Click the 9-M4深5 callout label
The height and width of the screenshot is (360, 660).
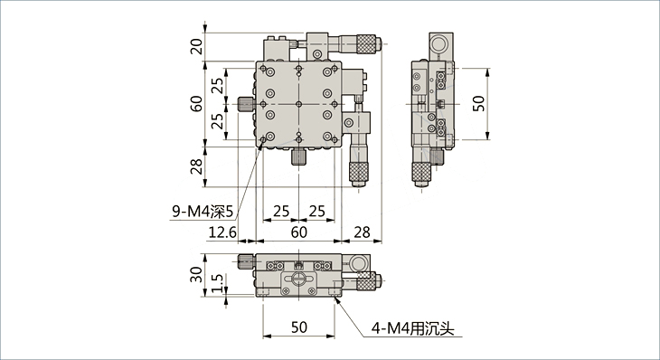click(x=202, y=212)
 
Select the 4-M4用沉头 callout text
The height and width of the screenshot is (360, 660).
click(x=412, y=328)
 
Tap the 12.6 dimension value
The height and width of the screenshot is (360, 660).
click(x=222, y=232)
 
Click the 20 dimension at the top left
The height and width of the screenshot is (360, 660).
click(x=196, y=47)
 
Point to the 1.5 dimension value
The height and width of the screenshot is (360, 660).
click(x=217, y=283)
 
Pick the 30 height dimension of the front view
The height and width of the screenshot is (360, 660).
click(x=196, y=275)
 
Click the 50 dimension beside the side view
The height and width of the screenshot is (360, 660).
click(x=478, y=104)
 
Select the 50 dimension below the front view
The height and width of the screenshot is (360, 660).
click(x=299, y=327)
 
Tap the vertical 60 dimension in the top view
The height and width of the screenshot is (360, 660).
click(x=196, y=104)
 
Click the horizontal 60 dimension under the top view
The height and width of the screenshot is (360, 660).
click(x=299, y=232)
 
